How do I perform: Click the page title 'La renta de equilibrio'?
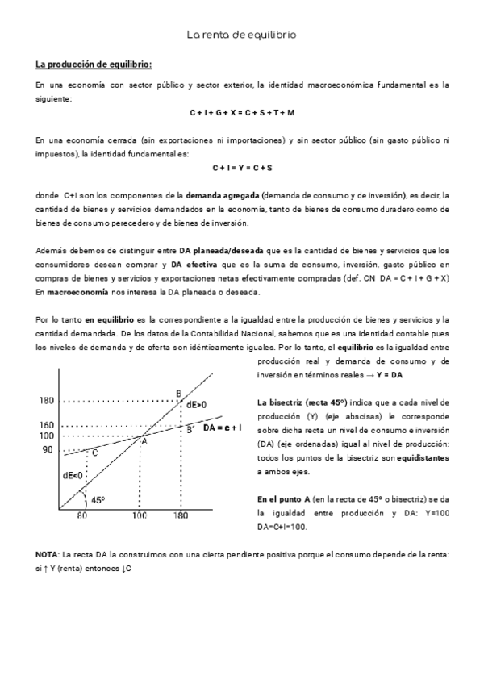click(x=241, y=35)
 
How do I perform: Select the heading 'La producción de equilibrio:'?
click(x=94, y=64)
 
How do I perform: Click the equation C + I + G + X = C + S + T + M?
click(x=242, y=112)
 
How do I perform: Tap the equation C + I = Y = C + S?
click(x=242, y=168)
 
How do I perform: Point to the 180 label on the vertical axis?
click(x=45, y=400)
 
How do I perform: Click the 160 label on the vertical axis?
click(x=45, y=425)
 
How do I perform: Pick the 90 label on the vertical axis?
click(x=48, y=449)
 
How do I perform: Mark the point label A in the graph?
click(x=144, y=440)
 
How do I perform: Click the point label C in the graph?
click(x=94, y=453)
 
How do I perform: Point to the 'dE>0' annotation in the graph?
click(x=196, y=404)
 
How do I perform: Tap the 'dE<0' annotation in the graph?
click(x=73, y=475)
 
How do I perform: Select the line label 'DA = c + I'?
click(x=223, y=427)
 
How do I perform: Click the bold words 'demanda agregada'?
click(x=219, y=195)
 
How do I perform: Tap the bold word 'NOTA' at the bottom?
click(x=48, y=555)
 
